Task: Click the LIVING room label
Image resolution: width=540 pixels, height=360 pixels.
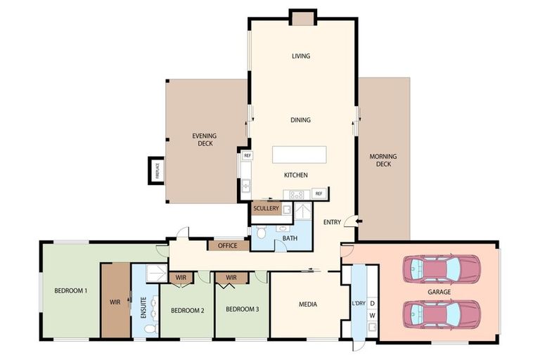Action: point(301,56)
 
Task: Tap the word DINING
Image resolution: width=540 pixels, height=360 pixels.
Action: point(301,120)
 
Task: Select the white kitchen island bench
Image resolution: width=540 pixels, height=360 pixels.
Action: point(300,155)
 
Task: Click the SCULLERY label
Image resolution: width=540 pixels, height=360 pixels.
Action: point(266,209)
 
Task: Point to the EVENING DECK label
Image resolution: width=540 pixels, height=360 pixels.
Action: point(205,140)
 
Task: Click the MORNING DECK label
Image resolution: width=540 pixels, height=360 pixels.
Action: point(383,160)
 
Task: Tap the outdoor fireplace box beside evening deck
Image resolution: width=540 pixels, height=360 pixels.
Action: point(156,170)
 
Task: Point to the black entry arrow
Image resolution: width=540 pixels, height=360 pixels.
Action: point(359,222)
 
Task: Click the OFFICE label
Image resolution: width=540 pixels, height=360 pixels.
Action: point(228,245)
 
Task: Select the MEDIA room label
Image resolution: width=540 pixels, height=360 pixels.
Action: point(307,304)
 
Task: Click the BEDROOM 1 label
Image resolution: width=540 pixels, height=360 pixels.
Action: point(72,290)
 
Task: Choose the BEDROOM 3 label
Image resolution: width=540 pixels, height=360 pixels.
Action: point(242,309)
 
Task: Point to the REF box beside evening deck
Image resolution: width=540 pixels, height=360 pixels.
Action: point(247,155)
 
